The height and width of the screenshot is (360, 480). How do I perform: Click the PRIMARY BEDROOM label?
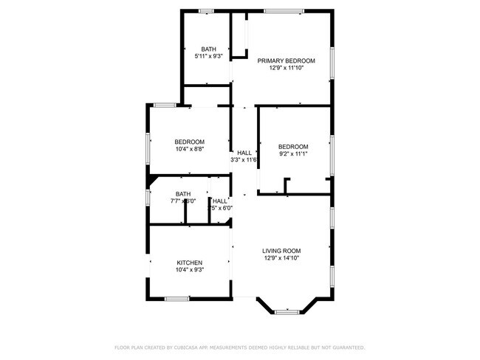click(286, 60)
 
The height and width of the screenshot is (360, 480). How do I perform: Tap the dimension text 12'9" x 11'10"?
click(286, 68)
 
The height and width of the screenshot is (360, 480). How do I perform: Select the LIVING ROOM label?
click(281, 251)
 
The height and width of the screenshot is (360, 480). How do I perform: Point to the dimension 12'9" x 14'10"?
click(281, 259)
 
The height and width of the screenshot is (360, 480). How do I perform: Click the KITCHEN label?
click(189, 263)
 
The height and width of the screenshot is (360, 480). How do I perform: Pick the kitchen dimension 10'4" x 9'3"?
click(189, 270)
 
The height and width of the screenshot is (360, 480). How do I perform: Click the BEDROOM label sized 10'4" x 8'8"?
click(189, 142)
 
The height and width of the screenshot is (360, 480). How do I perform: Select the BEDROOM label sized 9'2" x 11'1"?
click(293, 146)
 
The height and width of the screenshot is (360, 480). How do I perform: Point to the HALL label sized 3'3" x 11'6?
click(244, 153)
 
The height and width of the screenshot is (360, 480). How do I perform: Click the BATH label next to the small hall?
click(182, 194)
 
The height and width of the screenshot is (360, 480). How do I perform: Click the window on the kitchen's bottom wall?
click(176, 299)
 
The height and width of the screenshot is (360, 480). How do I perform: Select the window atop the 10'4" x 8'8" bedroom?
click(164, 105)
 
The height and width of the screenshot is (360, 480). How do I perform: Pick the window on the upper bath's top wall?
click(206, 10)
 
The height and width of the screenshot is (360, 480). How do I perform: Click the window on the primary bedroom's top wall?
click(284, 10)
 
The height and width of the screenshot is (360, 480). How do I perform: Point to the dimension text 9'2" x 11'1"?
click(293, 154)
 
